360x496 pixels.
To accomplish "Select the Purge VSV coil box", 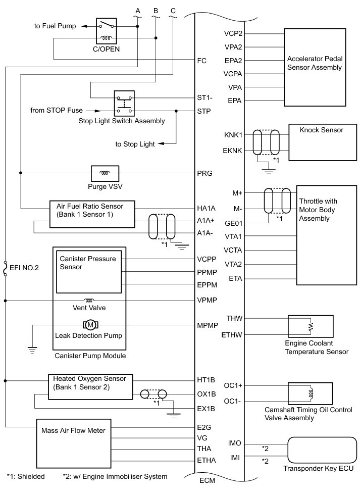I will (x=105, y=173).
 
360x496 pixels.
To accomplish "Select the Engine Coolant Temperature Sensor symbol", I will (x=310, y=327).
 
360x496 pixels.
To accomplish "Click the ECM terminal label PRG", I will (x=204, y=173).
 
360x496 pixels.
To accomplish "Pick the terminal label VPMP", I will (x=207, y=300).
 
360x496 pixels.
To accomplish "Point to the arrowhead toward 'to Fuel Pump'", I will (x=82, y=26).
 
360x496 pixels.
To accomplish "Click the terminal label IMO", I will (x=235, y=443).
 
